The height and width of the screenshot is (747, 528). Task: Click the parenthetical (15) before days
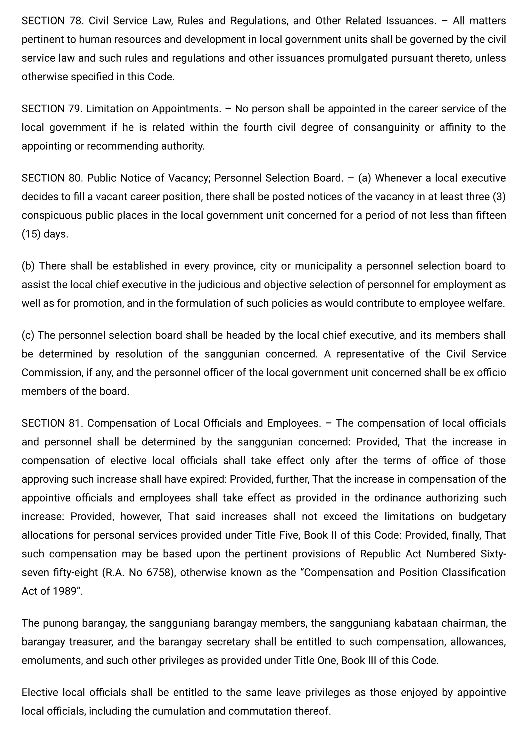(x=31, y=234)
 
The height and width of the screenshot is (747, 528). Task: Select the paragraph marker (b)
(x=28, y=266)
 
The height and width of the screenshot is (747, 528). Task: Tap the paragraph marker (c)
(x=28, y=335)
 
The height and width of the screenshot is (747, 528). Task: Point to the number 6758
(x=159, y=572)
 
